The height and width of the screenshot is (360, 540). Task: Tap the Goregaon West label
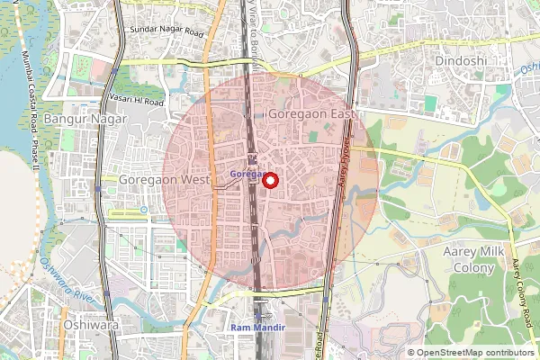164,180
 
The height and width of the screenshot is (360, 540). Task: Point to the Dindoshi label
460,60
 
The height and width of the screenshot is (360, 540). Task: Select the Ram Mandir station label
258,328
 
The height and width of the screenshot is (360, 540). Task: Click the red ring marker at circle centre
269,180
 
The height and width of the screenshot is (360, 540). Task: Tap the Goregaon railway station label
245,173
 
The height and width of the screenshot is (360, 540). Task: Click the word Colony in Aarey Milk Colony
470,267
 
